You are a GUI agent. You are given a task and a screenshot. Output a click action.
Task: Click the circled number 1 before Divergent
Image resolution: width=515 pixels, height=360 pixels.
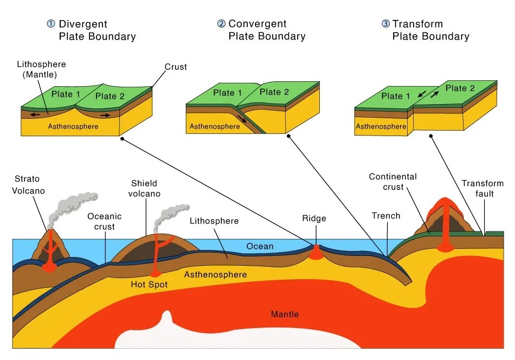click(x=51, y=24)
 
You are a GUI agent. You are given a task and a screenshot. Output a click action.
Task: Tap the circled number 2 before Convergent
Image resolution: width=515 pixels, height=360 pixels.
click(x=221, y=24)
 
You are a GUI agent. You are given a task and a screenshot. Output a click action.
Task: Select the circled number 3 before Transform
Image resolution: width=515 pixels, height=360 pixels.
click(x=385, y=24)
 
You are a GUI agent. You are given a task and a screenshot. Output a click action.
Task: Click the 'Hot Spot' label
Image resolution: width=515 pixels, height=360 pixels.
click(x=149, y=284)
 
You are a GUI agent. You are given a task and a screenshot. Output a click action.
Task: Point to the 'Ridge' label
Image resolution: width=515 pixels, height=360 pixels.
click(x=314, y=218)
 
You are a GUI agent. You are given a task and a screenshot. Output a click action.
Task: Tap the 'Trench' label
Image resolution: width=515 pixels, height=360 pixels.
click(x=386, y=216)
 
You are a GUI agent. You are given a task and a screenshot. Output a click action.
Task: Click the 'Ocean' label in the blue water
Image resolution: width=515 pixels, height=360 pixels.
click(x=260, y=246)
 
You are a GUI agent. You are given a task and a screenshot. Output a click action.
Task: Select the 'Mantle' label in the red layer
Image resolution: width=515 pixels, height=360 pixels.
click(x=285, y=314)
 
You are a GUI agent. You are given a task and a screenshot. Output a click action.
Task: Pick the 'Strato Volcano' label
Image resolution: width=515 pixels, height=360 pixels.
click(x=28, y=185)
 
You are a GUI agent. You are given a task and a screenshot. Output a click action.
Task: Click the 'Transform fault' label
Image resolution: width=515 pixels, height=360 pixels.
click(x=482, y=188)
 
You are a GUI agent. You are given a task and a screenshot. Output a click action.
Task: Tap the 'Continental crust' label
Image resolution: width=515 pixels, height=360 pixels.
click(x=392, y=182)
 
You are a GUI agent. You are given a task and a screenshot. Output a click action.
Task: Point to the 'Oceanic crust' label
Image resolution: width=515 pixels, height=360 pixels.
click(x=105, y=221)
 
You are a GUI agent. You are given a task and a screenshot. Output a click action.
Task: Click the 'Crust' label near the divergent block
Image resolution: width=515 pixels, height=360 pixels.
click(x=176, y=67)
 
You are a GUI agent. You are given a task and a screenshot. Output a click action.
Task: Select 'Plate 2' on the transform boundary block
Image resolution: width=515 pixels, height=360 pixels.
click(x=460, y=88)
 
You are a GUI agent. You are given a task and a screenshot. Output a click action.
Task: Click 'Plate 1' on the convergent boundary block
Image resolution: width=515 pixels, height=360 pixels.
click(x=227, y=93)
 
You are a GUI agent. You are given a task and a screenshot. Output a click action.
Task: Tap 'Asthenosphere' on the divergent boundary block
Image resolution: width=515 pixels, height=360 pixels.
click(x=73, y=126)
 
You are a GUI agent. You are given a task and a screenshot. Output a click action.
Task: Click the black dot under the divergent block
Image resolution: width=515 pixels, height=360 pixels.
click(x=123, y=139)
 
